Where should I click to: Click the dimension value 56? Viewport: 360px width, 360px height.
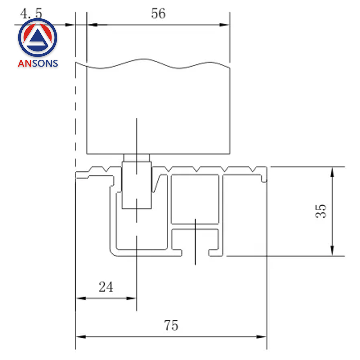pyautogui.click(x=158, y=14)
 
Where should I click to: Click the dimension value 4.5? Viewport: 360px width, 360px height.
pyautogui.click(x=31, y=13)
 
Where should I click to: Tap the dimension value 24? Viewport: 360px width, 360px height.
pyautogui.click(x=106, y=287)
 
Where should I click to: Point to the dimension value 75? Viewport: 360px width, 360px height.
pyautogui.click(x=171, y=325)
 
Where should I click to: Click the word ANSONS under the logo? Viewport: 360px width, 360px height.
pyautogui.click(x=38, y=64)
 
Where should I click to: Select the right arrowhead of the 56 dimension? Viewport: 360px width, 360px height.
pyautogui.click(x=225, y=25)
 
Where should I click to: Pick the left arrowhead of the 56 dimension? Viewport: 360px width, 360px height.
pyautogui.click(x=92, y=25)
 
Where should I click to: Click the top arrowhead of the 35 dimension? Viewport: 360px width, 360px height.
pyautogui.click(x=332, y=172)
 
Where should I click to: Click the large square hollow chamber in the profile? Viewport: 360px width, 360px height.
pyautogui.click(x=195, y=199)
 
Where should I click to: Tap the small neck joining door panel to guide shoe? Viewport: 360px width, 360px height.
pyautogui.click(x=136, y=158)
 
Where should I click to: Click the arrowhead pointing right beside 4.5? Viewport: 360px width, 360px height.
pyautogui.click(x=70, y=25)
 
